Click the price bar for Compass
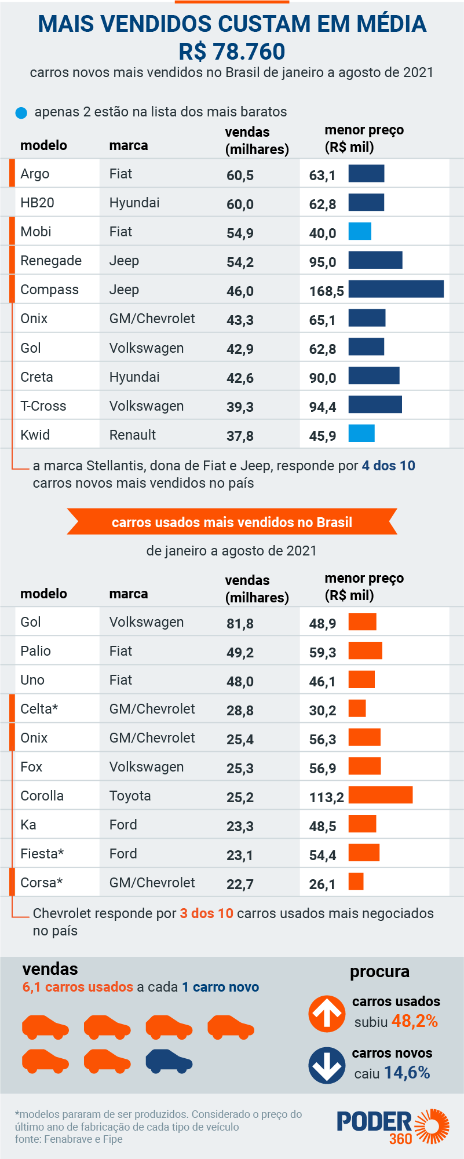pos(396,289)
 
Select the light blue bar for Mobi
pos(360,231)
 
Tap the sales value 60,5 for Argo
pos(240,175)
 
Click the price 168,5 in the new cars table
pos(326,291)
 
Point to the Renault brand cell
pos(133,435)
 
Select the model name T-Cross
pos(43,406)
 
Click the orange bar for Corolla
pos(380,795)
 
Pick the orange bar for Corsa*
pos(356,882)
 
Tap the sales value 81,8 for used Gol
pos(240,623)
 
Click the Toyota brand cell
pos(130,796)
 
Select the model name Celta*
pos(39,709)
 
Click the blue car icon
pos(169,1062)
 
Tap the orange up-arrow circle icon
pos(327,1014)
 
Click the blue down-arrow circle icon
pos(327,1065)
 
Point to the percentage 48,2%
pos(414,1021)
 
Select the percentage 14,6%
pos(407,1072)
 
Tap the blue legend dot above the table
pos(21,113)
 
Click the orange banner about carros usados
pos(232,522)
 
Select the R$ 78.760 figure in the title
pos(232,52)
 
